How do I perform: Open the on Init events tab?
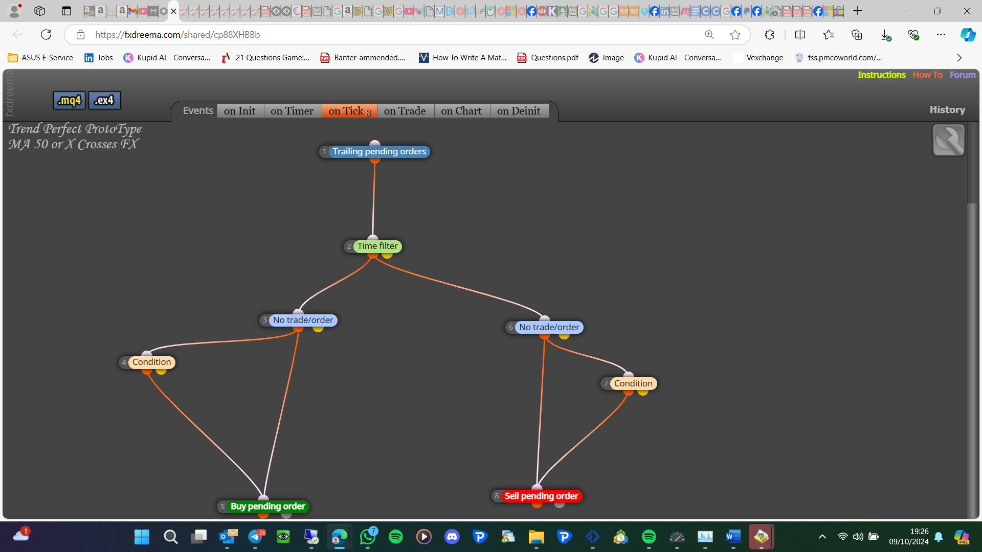(240, 111)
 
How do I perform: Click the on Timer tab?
(292, 111)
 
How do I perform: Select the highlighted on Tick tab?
(349, 111)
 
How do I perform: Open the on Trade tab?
(405, 111)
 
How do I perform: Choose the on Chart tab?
(461, 111)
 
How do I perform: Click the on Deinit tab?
(519, 111)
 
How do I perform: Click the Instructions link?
(882, 75)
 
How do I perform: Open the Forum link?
(963, 75)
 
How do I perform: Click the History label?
(947, 110)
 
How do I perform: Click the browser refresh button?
(46, 35)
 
